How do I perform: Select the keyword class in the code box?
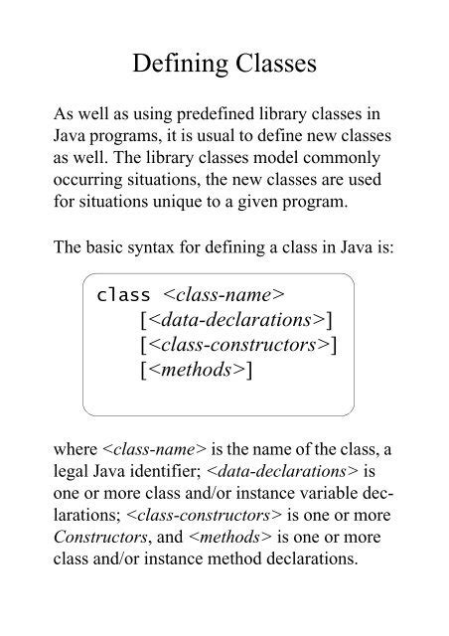123,296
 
